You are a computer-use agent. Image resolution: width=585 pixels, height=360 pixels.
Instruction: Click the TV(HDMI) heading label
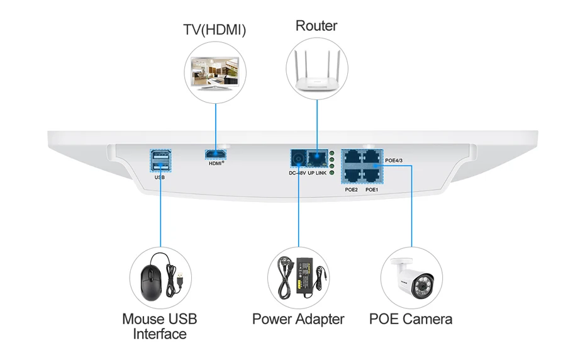tap(214, 30)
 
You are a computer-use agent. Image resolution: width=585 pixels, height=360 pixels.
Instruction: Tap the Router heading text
tap(316, 26)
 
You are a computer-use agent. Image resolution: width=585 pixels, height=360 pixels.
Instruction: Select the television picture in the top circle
tap(214, 74)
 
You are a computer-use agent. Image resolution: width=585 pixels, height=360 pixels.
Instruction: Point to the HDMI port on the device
tap(216, 154)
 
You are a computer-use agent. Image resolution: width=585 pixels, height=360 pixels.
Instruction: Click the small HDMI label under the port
tap(216, 163)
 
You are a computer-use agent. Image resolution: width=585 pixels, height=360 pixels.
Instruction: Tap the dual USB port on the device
tap(161, 161)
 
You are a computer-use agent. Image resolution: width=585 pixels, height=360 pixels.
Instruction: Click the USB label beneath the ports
tap(160, 177)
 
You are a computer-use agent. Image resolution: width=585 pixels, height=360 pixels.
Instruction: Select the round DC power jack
tap(298, 159)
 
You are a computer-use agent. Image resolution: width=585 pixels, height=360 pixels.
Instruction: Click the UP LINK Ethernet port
tap(317, 159)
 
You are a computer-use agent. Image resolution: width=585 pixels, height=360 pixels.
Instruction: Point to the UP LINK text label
tap(317, 173)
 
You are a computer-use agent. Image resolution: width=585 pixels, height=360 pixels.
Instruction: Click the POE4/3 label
tap(394, 160)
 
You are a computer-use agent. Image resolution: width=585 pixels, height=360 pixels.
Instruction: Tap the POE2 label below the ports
tap(351, 189)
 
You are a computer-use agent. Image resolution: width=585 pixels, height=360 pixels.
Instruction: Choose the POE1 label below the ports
tap(372, 189)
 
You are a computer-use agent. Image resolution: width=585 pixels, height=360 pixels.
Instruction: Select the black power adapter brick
tap(306, 276)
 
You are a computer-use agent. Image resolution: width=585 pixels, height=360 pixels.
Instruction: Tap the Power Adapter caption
tap(298, 319)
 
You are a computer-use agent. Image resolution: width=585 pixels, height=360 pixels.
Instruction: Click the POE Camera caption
tap(410, 319)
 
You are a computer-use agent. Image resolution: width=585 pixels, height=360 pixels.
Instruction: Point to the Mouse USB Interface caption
tap(160, 327)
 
